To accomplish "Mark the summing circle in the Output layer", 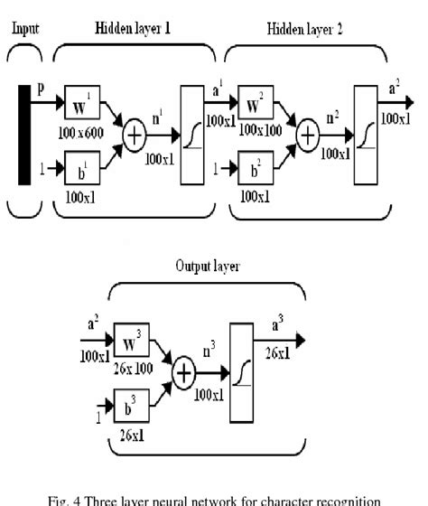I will [x=184, y=372].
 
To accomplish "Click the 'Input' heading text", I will [x=24, y=28].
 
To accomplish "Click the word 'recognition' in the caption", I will [x=344, y=495].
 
